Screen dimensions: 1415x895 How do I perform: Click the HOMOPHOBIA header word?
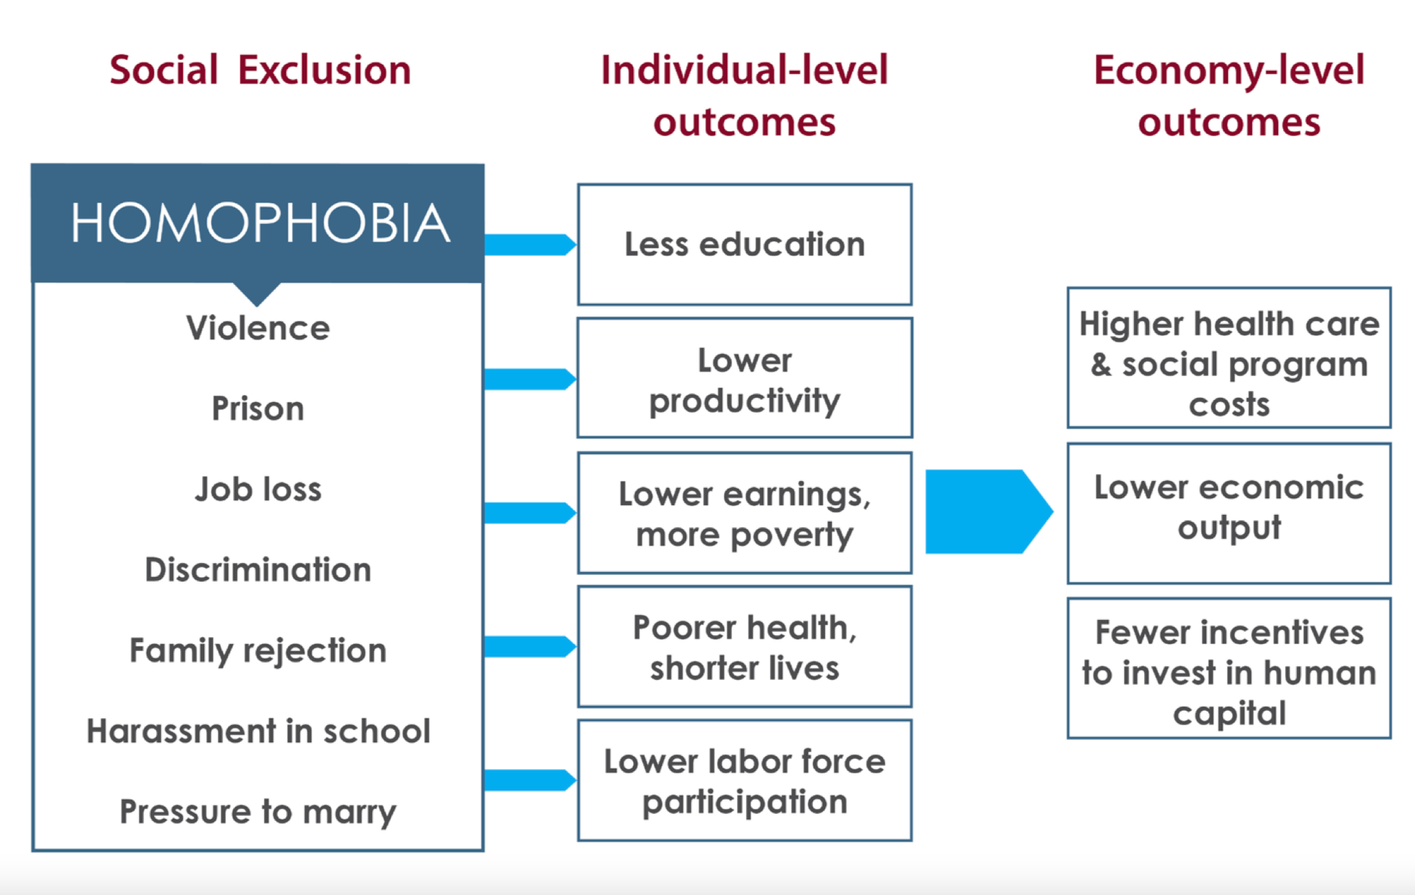tap(261, 223)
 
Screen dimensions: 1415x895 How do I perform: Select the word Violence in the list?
tap(258, 328)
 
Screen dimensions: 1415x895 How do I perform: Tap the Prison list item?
tap(258, 408)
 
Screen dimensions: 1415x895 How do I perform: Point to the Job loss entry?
tap(258, 489)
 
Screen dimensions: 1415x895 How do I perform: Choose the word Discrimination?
tap(258, 569)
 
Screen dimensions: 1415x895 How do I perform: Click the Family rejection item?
tap(258, 650)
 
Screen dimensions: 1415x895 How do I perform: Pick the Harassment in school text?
tap(258, 731)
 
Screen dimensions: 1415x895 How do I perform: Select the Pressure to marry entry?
tap(258, 812)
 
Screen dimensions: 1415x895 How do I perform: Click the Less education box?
tap(745, 244)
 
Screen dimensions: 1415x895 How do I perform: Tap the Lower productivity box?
tap(745, 377)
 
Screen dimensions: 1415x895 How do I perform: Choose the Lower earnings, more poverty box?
tap(745, 512)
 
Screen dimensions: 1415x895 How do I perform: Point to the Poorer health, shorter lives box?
tap(745, 646)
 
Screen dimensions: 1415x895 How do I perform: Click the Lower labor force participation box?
tap(745, 780)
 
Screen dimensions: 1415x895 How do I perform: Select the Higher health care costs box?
tap(1229, 357)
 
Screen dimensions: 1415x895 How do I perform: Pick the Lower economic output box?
tap(1229, 513)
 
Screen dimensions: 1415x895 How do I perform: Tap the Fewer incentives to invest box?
tap(1229, 668)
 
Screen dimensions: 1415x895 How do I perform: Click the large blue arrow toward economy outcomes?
tap(989, 511)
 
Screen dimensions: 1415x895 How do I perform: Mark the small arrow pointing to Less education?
tap(530, 245)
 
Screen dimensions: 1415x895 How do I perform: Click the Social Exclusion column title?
tap(260, 70)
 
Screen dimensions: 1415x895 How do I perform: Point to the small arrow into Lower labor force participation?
tap(530, 780)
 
